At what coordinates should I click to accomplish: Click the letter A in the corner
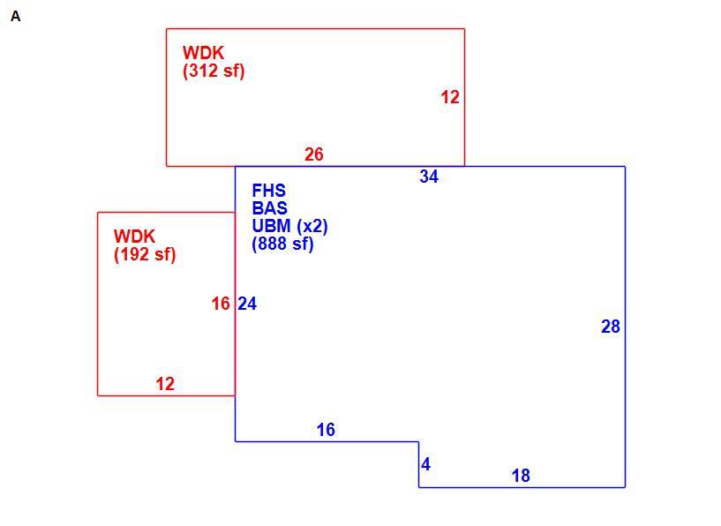point(16,17)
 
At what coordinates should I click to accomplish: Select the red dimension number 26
point(314,154)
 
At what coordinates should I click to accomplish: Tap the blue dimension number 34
point(429,177)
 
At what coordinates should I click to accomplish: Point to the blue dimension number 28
point(611,327)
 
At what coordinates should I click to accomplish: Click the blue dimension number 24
point(247,304)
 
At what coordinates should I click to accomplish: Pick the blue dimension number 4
point(425,464)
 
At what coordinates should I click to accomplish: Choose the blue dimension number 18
point(521,476)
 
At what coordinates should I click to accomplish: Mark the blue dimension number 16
point(326,430)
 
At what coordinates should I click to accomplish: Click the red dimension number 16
point(221,304)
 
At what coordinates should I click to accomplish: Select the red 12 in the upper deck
point(450,97)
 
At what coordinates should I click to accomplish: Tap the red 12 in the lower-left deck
point(165,384)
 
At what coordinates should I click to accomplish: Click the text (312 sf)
point(214,71)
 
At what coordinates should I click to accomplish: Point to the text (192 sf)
point(145,254)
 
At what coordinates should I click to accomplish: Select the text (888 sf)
point(282,244)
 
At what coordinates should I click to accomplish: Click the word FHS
point(269,191)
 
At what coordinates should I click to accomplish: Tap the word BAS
point(270,208)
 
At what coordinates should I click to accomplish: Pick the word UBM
point(271,226)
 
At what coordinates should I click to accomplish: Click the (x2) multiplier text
point(312,226)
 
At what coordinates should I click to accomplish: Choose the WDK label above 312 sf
point(203,53)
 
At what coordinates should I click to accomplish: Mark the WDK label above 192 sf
point(134,237)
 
